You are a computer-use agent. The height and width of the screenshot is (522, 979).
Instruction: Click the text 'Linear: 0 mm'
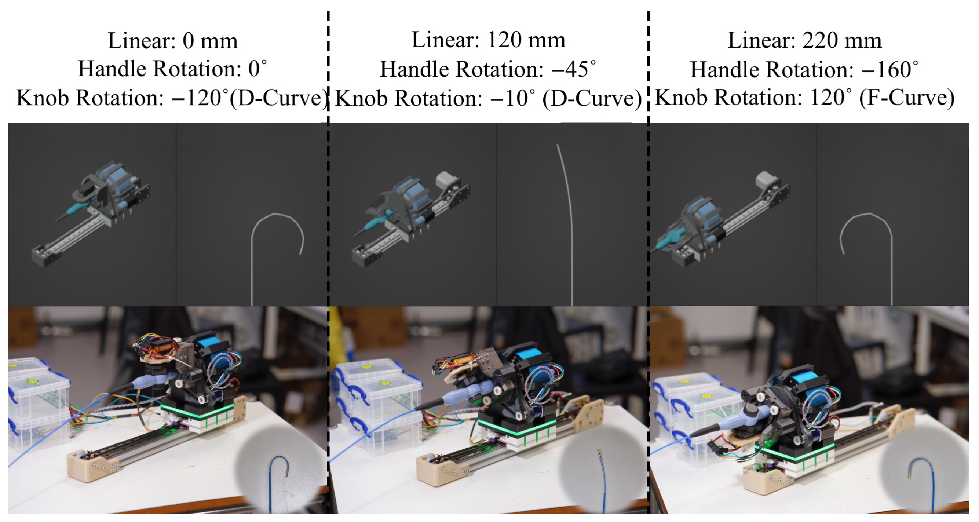click(172, 41)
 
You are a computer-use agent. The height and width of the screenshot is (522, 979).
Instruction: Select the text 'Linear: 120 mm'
click(488, 40)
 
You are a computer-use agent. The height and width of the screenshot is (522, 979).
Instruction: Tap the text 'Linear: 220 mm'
click(804, 41)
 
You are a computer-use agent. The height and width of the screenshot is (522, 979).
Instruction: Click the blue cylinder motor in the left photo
click(213, 352)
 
